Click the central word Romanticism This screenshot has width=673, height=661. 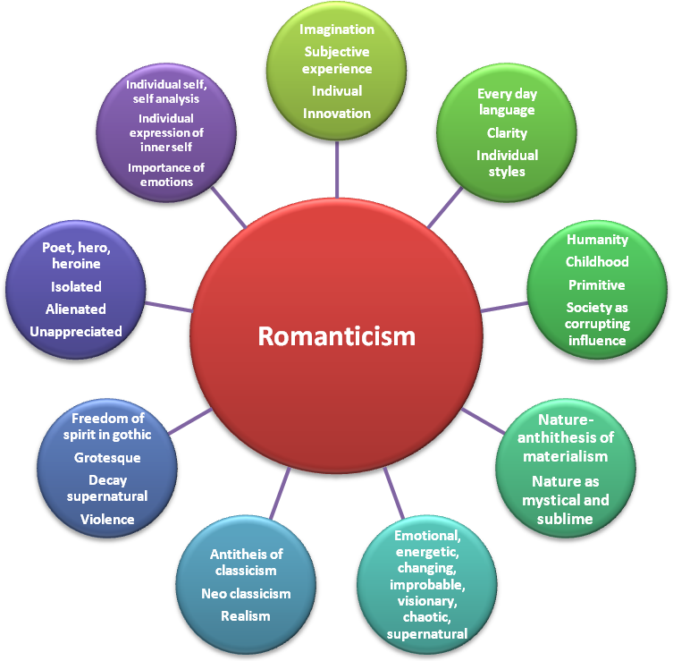point(337,335)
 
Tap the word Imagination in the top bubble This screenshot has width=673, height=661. point(337,29)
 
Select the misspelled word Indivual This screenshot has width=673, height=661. point(337,91)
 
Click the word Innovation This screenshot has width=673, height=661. point(337,114)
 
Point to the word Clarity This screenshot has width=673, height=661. point(507,133)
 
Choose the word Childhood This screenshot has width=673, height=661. point(597,262)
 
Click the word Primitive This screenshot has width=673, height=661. point(597,285)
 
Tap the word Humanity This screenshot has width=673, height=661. point(597,240)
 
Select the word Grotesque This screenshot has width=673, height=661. point(107,458)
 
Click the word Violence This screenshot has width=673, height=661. point(107,519)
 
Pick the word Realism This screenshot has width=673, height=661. point(246,615)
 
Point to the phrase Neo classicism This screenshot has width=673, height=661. point(246,593)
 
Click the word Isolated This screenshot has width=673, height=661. point(76,287)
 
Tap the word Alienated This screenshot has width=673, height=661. point(76,309)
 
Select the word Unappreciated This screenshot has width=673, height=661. point(76,332)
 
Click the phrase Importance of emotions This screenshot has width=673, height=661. point(166,175)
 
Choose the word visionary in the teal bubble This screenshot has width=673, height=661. point(426,602)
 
